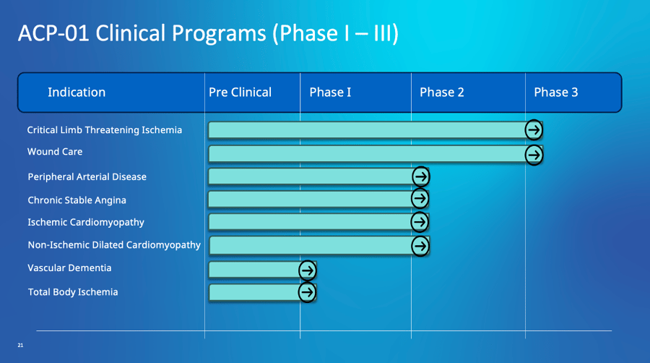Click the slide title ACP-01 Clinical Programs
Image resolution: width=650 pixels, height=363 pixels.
(208, 34)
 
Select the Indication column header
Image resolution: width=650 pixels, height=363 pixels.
(77, 93)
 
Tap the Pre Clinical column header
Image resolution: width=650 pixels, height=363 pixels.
(240, 93)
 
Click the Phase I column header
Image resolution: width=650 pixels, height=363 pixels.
(330, 93)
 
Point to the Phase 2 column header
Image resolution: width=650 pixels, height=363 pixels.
(441, 93)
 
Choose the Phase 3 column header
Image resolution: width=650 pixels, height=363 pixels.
(555, 93)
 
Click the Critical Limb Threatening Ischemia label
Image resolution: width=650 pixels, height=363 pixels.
(105, 130)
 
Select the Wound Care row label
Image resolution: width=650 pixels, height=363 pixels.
(55, 152)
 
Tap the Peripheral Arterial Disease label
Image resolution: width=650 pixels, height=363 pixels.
(87, 176)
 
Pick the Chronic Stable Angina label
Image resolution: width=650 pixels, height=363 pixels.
(77, 200)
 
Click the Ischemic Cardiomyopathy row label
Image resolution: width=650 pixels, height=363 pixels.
(86, 223)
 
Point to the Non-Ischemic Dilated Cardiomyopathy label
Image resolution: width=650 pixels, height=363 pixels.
(114, 245)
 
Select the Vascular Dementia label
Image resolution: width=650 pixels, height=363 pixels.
(69, 268)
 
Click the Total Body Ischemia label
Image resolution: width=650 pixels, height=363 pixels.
(72, 292)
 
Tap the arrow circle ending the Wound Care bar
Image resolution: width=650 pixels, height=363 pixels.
(534, 154)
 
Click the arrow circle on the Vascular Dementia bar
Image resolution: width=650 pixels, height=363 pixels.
(307, 270)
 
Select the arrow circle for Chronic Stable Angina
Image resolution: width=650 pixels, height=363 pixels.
(420, 199)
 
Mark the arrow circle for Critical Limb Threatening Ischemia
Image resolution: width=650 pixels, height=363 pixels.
(534, 130)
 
